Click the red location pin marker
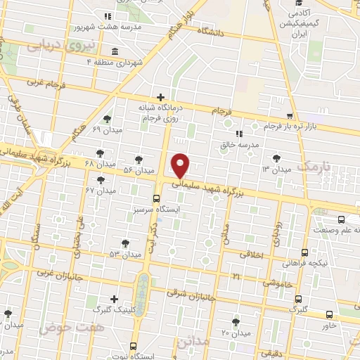pyautogui.click(x=181, y=165)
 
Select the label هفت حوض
pyautogui.click(x=62, y=328)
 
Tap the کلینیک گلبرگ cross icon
pyautogui.click(x=115, y=299)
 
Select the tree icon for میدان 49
pyautogui.click(x=107, y=119)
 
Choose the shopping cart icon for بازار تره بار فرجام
pyautogui.click(x=290, y=116)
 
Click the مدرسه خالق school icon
pyautogui.click(x=239, y=132)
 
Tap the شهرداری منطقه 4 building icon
pyautogui.click(x=115, y=51)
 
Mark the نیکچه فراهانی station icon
pyautogui.click(x=304, y=252)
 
